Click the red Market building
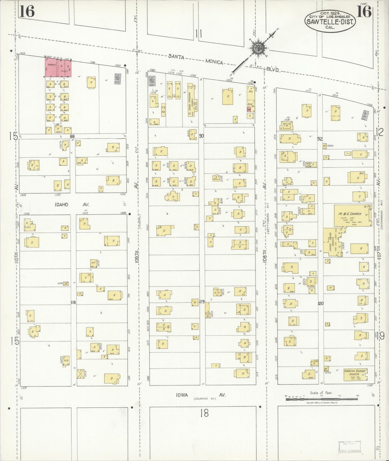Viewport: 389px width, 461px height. tap(58, 67)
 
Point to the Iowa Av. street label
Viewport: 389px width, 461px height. tap(200, 395)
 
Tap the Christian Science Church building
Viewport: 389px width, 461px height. tap(356, 374)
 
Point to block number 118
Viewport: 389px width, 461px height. tap(73, 302)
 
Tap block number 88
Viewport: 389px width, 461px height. tap(72, 137)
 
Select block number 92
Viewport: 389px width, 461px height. tap(320, 139)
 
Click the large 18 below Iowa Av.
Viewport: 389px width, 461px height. tap(204, 413)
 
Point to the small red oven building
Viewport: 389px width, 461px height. tap(249, 109)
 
